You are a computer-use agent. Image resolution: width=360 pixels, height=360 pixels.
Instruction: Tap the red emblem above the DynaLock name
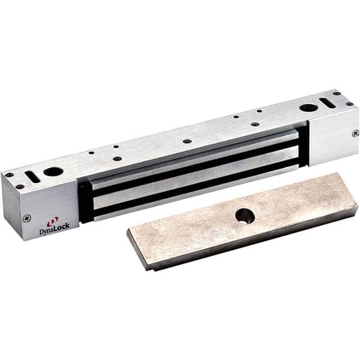[53, 221]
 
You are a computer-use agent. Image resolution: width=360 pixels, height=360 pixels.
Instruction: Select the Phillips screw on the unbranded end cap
[355, 133]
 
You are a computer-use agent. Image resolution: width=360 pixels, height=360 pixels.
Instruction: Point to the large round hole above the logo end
[53, 172]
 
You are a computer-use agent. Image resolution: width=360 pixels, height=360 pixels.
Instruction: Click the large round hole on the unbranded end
[309, 108]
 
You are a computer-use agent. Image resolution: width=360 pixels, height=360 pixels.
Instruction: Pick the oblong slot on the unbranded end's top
[328, 101]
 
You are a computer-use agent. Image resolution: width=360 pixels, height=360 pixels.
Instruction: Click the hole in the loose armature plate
[244, 215]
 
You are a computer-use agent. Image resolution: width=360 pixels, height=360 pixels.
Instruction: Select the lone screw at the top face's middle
[188, 141]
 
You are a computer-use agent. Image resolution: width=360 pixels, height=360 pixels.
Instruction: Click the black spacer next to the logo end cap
[85, 201]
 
